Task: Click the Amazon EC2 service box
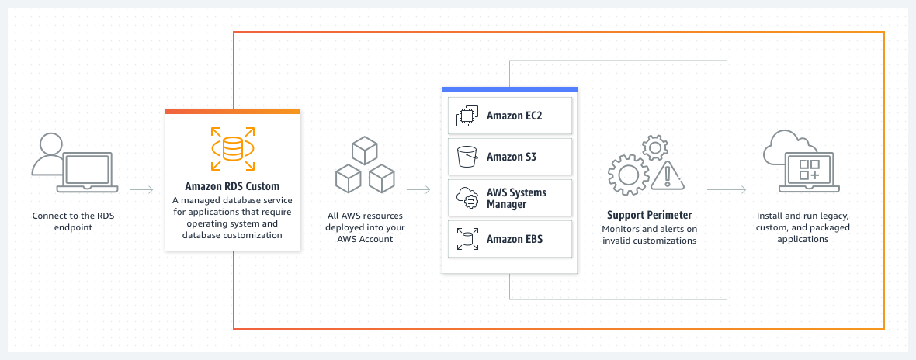(510, 116)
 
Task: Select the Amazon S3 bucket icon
(467, 157)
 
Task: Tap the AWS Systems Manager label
(516, 198)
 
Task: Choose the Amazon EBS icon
(467, 239)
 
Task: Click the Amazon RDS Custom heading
(232, 186)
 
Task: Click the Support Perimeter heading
(649, 214)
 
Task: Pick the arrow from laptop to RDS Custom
(141, 189)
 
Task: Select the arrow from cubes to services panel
(418, 189)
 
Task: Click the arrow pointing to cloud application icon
(727, 189)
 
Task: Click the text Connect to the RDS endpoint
(73, 221)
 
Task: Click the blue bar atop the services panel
(509, 89)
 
